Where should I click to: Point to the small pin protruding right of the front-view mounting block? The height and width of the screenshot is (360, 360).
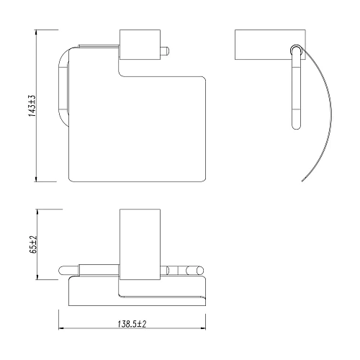tap(164, 50)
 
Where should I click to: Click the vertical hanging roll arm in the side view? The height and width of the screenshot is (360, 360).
tap(296, 94)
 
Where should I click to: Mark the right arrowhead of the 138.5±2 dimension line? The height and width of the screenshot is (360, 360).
tap(204, 330)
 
